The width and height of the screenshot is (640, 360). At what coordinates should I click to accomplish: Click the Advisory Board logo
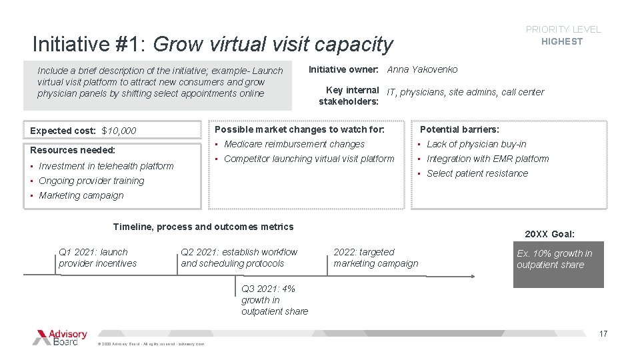pos(60,337)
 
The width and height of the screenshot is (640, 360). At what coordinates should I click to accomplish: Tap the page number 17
pos(603,334)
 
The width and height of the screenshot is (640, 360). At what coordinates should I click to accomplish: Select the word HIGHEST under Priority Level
pos(562,41)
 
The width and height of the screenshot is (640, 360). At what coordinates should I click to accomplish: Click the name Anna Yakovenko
pos(422,69)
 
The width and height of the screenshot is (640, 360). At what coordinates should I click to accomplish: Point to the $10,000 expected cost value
pos(119,131)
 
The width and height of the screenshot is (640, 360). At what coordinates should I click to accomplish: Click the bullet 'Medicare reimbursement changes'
pos(294,144)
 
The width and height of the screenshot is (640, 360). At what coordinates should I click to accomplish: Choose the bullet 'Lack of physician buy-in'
pos(476,144)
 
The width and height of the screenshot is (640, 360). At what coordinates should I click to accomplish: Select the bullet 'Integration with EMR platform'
pos(487,159)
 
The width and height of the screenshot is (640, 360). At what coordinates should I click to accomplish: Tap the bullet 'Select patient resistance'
pos(477,173)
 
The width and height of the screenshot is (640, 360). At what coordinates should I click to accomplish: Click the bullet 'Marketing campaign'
pos(81,195)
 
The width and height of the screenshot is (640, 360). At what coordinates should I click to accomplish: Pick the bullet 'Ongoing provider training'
pos(91,181)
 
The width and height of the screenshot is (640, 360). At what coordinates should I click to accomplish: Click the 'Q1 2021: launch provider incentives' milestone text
pos(97,257)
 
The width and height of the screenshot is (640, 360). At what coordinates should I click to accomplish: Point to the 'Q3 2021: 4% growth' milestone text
pos(274,300)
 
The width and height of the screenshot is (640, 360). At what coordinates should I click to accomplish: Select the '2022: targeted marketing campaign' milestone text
pos(375,257)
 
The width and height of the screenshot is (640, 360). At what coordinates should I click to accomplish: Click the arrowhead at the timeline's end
pos(472,275)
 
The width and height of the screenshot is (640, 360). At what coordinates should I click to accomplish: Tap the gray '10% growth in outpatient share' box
pos(558,264)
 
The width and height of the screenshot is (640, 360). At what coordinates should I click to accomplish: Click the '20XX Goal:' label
pos(549,234)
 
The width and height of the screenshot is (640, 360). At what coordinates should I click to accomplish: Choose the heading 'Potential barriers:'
pos(459,129)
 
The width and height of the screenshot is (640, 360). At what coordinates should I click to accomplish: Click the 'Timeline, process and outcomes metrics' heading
pos(203,227)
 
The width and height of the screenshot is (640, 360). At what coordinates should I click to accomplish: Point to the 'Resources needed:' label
pos(73,150)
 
